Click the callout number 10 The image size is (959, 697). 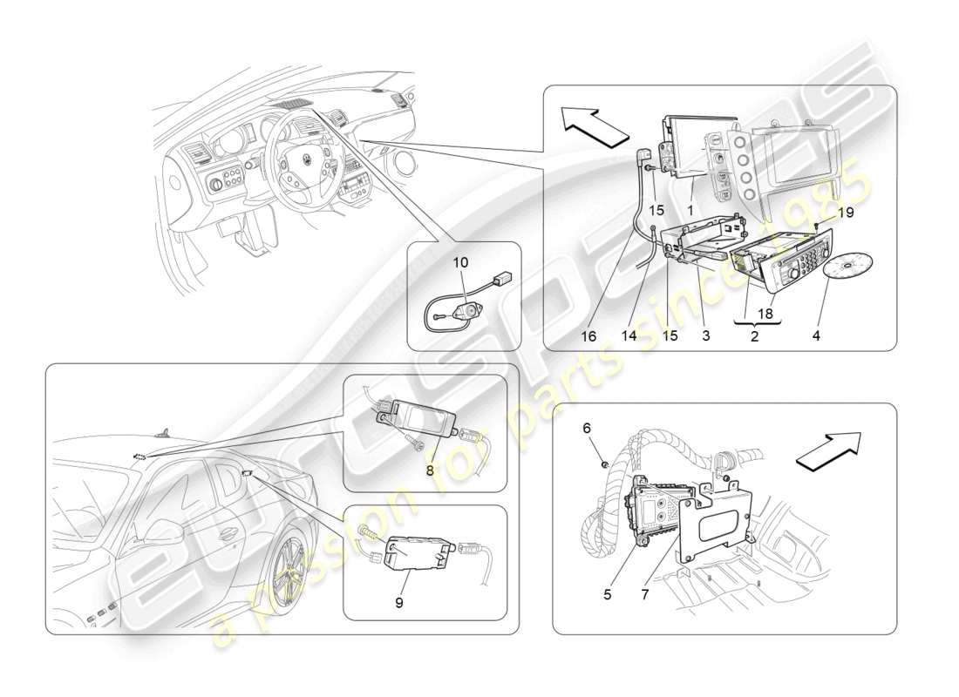point(461,262)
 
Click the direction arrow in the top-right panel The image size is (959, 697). point(595,125)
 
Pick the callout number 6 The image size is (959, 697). point(587,428)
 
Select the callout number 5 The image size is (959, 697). point(608,595)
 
